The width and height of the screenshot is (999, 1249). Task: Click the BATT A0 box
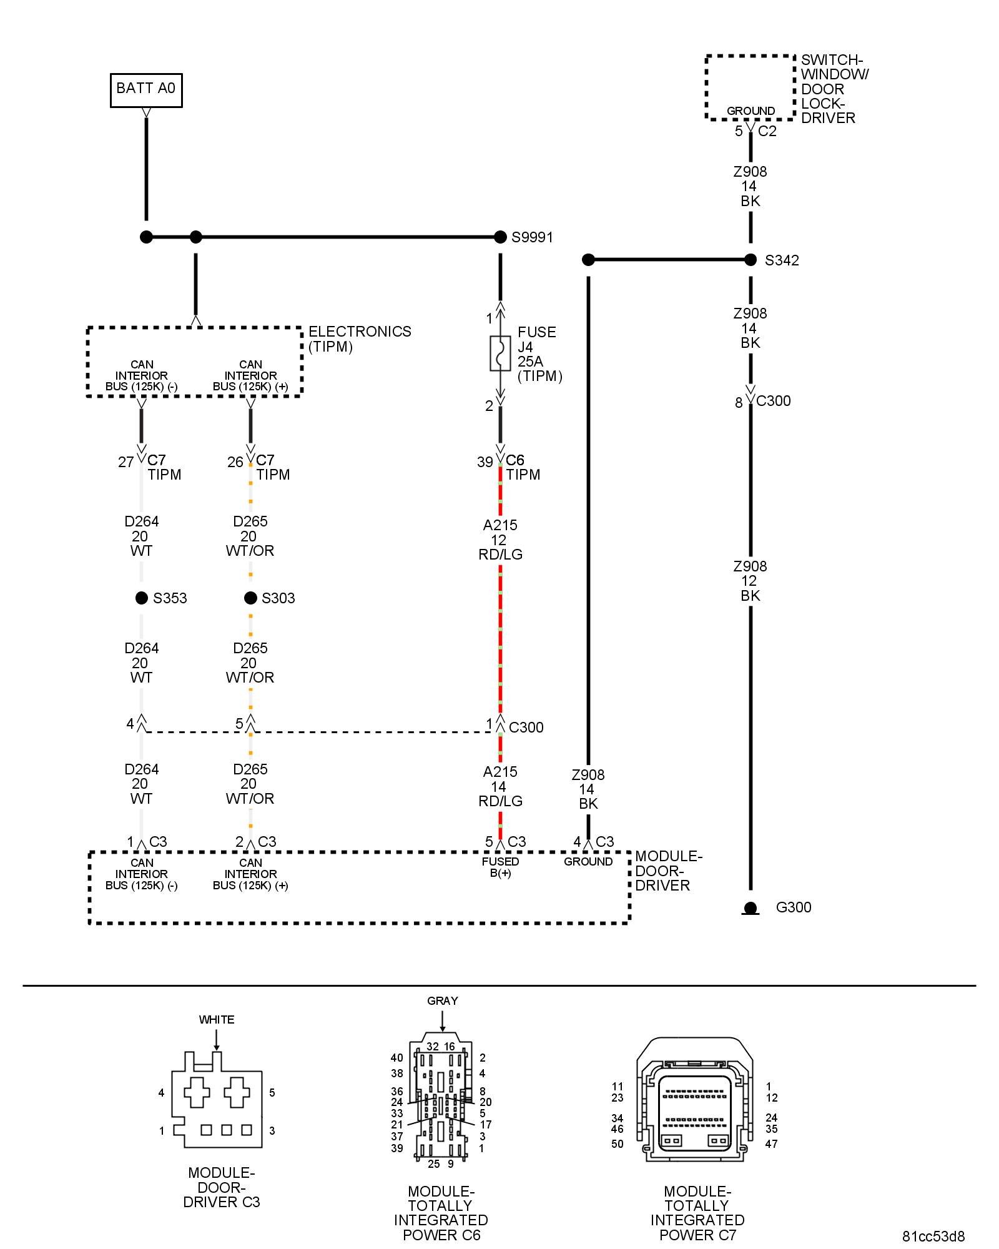pos(146,90)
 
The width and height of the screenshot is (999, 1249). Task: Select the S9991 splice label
pos(532,237)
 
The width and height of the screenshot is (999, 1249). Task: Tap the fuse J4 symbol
pos(500,353)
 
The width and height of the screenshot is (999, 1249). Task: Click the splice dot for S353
pos(142,598)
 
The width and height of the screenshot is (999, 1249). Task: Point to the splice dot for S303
pos(250,598)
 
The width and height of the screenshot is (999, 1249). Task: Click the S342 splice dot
pos(750,260)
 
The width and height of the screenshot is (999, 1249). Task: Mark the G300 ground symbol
pos(750,908)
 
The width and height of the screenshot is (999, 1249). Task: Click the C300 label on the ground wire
pos(773,401)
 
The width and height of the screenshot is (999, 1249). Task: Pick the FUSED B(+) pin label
pos(500,867)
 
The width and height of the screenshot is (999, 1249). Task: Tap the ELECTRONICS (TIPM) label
pos(360,339)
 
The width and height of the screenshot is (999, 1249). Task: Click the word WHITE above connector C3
pos(217,1020)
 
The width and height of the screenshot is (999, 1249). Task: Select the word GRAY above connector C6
pos(443,1000)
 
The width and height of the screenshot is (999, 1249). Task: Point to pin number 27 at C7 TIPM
pos(125,462)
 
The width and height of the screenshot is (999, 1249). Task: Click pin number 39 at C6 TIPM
pos(485,462)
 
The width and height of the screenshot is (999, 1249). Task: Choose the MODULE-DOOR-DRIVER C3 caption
pos(222,1187)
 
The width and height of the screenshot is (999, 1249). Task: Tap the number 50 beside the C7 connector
pos(618,1144)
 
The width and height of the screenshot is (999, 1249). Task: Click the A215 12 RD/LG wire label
pos(500,540)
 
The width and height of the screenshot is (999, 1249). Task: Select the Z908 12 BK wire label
pos(750,581)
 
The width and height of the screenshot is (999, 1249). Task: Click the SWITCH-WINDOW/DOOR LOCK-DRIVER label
pos(834,89)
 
